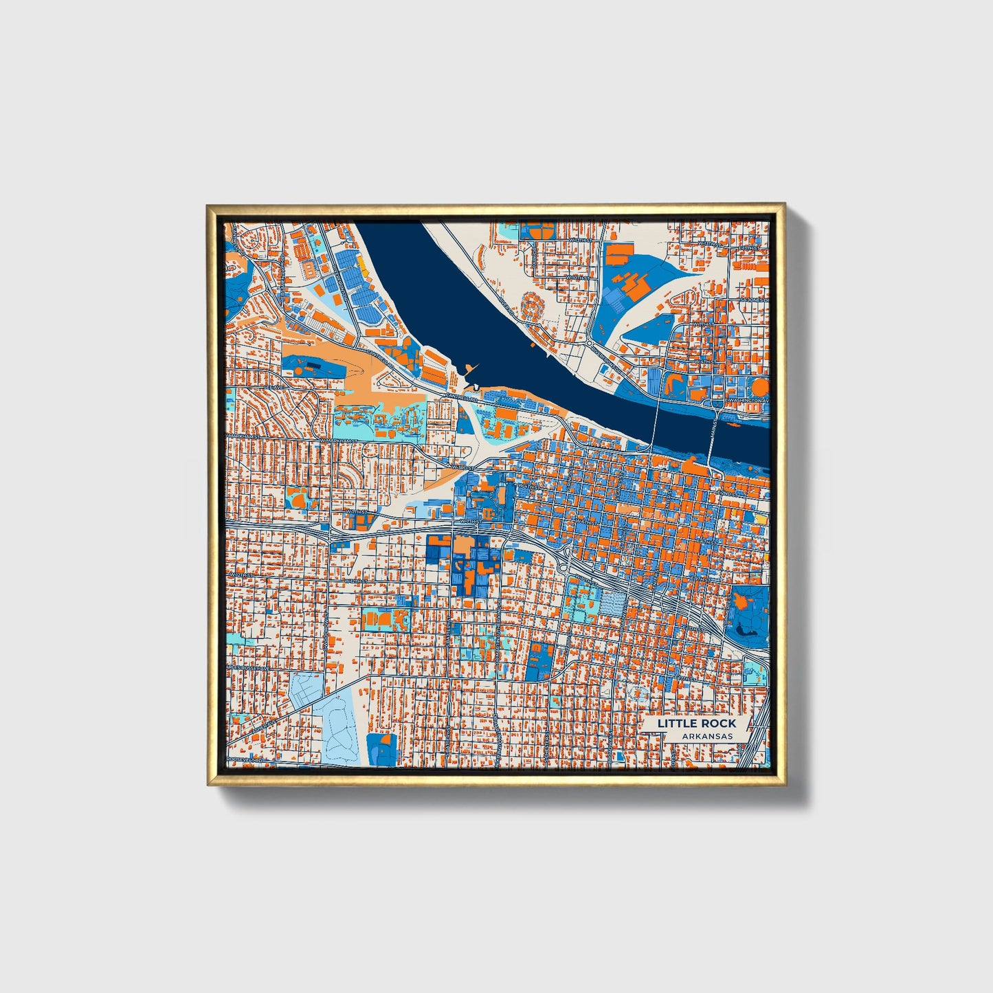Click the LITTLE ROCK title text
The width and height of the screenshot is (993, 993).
pyautogui.click(x=696, y=723)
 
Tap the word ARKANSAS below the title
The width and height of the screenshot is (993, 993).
pyautogui.click(x=707, y=736)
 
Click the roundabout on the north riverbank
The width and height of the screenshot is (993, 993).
pyautogui.click(x=590, y=342)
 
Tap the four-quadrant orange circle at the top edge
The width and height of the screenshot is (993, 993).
pyautogui.click(x=536, y=230)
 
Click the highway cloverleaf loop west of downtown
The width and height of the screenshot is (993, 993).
pyautogui.click(x=568, y=557)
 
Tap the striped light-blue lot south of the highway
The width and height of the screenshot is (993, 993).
pyautogui.click(x=613, y=605)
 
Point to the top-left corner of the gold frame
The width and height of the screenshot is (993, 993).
pyautogui.click(x=208, y=205)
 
